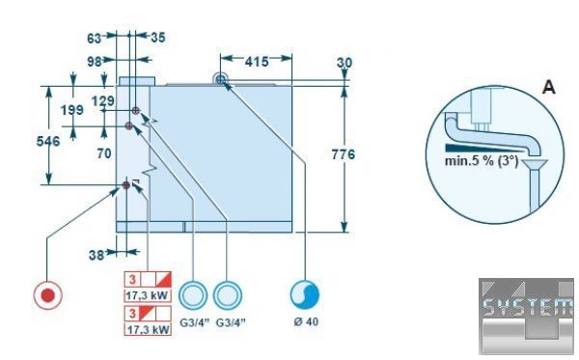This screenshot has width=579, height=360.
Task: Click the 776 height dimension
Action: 343,154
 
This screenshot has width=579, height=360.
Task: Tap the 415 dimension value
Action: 257,62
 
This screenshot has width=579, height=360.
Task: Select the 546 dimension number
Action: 48,141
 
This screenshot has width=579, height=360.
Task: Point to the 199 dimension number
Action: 72,110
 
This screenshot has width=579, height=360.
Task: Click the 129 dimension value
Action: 103,100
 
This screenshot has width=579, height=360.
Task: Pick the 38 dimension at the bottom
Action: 96,255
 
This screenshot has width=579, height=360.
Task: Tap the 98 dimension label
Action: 95,62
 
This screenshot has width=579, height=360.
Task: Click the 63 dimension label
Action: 95,38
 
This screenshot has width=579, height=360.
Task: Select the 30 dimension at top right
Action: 345,63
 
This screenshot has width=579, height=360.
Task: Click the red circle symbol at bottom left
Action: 47,295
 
